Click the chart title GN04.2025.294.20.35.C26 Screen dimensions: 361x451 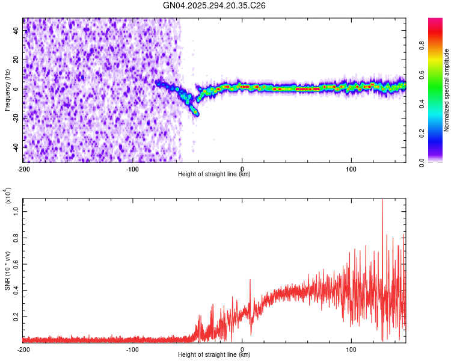point(215,5)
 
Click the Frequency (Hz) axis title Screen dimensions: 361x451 point(7,90)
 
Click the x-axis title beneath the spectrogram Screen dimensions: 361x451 point(214,174)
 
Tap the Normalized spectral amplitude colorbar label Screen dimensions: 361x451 point(447,90)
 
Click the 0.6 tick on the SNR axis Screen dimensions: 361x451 point(16,264)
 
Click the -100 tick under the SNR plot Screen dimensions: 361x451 point(133,349)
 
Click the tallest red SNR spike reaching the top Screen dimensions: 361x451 point(382,202)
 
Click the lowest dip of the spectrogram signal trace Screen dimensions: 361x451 point(195,113)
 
